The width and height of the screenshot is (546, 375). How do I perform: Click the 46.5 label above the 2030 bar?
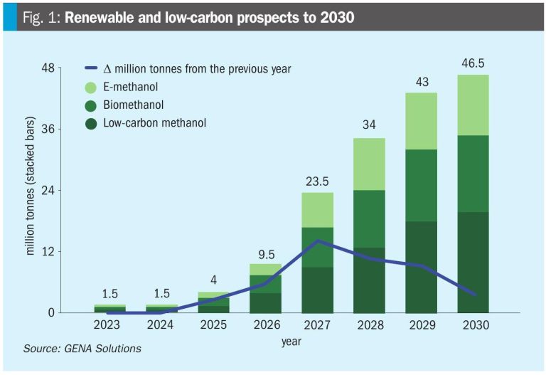coord(473,63)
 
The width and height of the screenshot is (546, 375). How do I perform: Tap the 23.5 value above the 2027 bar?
coord(317,181)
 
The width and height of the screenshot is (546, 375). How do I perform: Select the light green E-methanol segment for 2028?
coord(369,164)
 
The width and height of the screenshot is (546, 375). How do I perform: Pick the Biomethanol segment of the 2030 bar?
coord(473,173)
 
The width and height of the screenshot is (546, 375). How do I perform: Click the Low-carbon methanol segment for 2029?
coord(421,266)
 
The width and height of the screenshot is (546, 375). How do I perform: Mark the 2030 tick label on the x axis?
coord(473,325)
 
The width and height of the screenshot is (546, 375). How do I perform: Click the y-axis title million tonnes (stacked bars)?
coord(31,190)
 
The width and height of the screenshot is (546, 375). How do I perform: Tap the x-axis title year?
coord(291,342)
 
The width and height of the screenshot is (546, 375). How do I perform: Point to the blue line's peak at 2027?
coord(317,241)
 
